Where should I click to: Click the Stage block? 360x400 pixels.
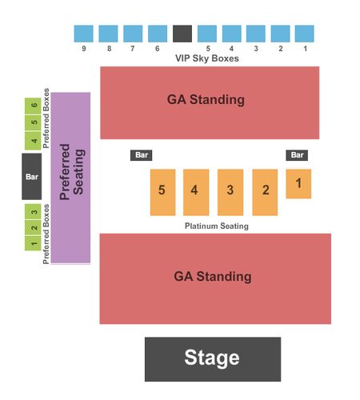click(x=213, y=359)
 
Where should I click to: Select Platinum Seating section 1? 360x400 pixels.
click(x=298, y=184)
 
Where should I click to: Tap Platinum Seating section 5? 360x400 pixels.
click(x=162, y=192)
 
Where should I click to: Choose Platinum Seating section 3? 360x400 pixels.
click(x=230, y=192)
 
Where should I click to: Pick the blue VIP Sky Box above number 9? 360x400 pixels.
click(x=83, y=34)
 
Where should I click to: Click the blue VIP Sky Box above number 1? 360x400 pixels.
click(x=304, y=34)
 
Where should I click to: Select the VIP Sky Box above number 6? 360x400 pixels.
click(x=158, y=34)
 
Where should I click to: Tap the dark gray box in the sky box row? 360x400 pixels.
click(x=182, y=34)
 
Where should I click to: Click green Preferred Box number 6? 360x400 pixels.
click(x=33, y=106)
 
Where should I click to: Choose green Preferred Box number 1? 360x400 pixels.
click(x=33, y=243)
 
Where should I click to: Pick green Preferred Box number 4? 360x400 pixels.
click(x=33, y=141)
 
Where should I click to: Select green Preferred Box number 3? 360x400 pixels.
click(x=33, y=212)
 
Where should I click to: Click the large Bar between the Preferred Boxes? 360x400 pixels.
click(x=32, y=176)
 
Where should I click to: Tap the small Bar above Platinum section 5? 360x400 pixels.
click(x=141, y=155)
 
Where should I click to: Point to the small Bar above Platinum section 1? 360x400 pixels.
click(x=297, y=155)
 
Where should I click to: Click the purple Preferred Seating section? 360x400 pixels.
click(x=70, y=178)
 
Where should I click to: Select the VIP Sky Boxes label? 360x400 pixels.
click(x=207, y=58)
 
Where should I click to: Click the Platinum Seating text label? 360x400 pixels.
click(x=217, y=226)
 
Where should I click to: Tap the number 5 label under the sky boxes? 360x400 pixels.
click(x=208, y=49)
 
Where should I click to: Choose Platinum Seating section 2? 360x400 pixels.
click(x=265, y=192)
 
